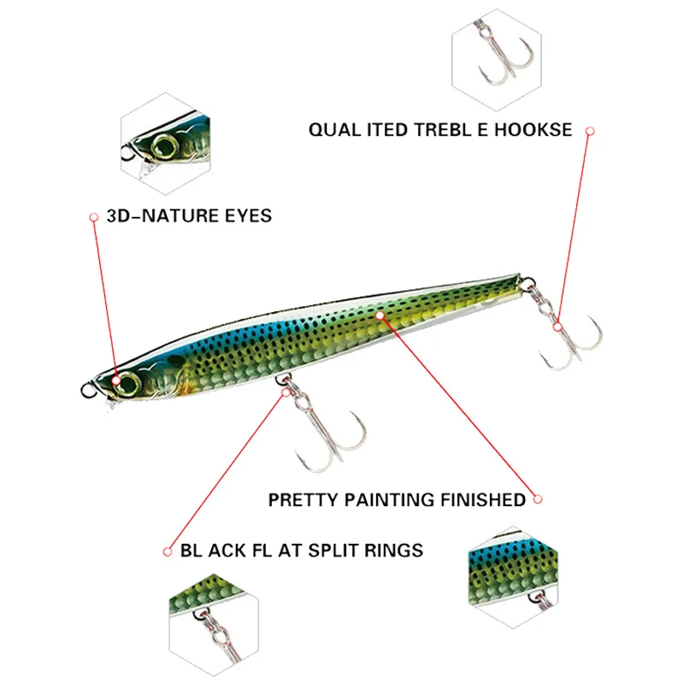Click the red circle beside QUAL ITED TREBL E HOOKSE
point(590,131)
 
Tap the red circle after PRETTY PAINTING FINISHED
point(539,498)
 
